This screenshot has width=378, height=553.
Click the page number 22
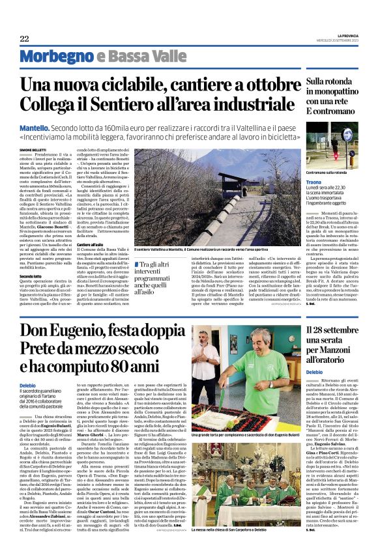pos(24,38)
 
